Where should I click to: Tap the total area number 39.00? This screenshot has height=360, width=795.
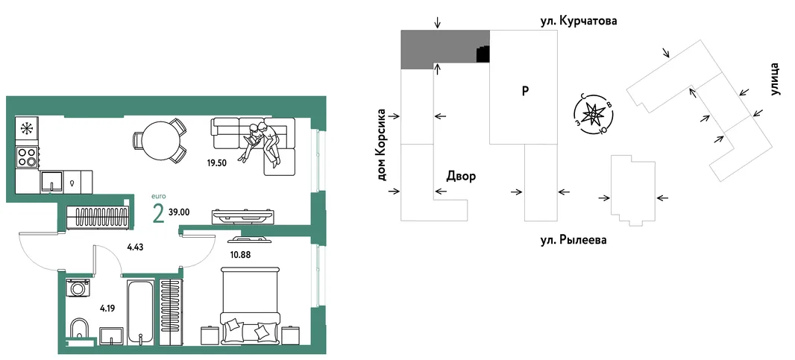(180, 212)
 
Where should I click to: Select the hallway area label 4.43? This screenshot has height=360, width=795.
(135, 248)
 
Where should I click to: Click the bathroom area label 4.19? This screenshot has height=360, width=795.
(107, 306)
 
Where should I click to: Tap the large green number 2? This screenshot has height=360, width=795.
(158, 215)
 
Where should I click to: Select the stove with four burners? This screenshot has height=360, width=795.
(28, 157)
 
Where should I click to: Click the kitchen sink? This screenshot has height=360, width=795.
(52, 182)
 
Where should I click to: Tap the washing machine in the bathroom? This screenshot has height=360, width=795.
(78, 288)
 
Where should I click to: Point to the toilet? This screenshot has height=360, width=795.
(78, 330)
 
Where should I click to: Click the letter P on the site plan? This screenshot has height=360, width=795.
(526, 91)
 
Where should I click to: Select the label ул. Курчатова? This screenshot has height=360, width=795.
(579, 22)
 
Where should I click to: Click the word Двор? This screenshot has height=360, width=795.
(461, 177)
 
